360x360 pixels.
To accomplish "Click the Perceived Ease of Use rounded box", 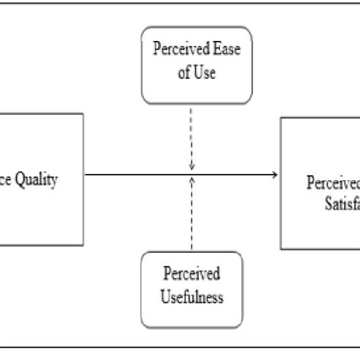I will click(192, 65).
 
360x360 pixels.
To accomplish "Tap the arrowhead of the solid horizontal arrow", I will click(273, 175).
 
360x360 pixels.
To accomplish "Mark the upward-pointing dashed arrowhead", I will click(191, 180).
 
